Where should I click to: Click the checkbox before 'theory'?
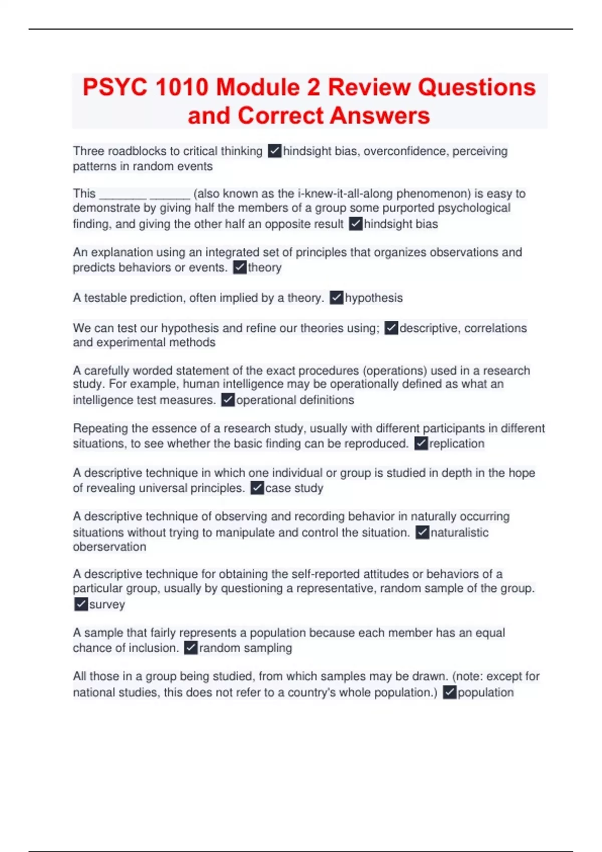[x=240, y=268]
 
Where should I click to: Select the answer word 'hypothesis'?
[x=373, y=298]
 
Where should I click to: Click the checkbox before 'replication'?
[x=421, y=444]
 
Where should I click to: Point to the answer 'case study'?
[x=294, y=488]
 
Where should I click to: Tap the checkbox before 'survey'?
[x=81, y=604]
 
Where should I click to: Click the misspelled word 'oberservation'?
[x=109, y=547]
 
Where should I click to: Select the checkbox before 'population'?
[x=449, y=693]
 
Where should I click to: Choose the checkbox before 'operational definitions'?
[x=228, y=400]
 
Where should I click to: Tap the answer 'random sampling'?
[x=245, y=648]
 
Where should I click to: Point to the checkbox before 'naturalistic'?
[x=422, y=532]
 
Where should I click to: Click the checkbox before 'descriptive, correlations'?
[x=391, y=328]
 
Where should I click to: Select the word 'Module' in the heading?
[x=258, y=87]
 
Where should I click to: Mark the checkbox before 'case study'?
[x=257, y=488]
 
